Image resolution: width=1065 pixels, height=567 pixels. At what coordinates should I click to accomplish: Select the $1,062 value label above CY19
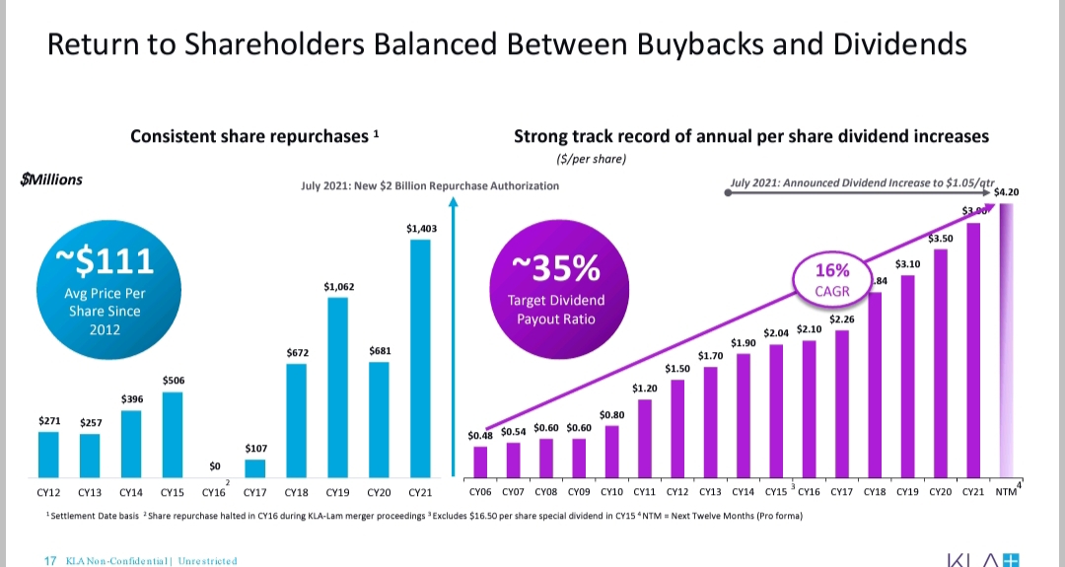(339, 287)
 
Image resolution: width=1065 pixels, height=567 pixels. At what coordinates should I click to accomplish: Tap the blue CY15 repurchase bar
(173, 434)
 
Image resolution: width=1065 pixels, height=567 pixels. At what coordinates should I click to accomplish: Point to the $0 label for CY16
(214, 465)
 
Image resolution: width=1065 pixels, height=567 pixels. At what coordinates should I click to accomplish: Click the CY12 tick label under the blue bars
(48, 491)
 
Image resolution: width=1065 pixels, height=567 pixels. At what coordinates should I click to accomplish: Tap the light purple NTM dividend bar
(1005, 335)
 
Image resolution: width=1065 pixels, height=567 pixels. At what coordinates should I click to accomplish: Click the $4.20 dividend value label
(1007, 193)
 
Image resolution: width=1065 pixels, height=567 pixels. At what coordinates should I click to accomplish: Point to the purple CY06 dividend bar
(480, 461)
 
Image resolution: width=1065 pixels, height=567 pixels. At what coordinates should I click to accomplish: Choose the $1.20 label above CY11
(644, 389)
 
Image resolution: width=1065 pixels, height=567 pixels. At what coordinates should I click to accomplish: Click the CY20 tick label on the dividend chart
(940, 491)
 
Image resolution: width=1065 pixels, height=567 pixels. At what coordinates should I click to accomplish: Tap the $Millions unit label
(51, 179)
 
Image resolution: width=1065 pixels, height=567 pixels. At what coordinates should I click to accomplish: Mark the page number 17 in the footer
(50, 561)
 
